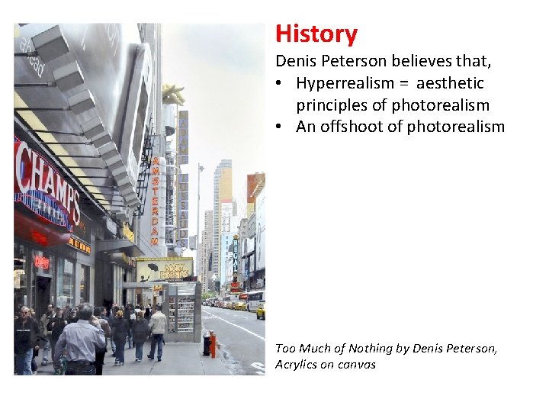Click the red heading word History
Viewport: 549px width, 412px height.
coord(316,34)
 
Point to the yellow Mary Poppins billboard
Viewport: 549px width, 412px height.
coord(164,269)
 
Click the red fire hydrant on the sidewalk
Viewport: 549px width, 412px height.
coord(213,344)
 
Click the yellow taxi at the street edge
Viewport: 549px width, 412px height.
coord(260,311)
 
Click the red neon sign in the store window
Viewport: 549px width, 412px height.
coord(41,262)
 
